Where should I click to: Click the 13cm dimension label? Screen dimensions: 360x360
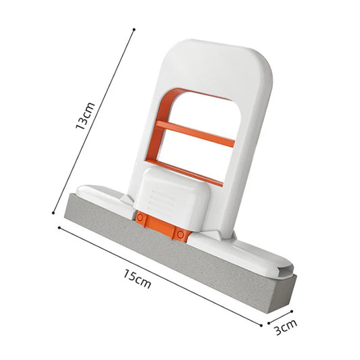tap(85, 115)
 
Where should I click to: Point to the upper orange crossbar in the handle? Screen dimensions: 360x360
tap(196, 133)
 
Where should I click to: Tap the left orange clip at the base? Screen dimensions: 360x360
tap(140, 218)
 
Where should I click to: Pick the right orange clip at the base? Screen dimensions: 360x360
tap(180, 233)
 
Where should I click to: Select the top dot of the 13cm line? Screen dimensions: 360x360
tap(134, 30)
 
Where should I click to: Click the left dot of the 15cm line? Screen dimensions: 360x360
tap(59, 227)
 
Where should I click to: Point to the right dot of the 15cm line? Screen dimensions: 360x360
tap(261, 325)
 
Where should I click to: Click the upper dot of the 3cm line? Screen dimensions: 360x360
tap(292, 311)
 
